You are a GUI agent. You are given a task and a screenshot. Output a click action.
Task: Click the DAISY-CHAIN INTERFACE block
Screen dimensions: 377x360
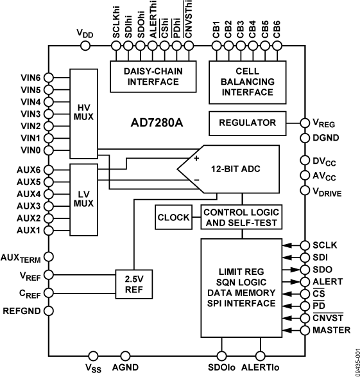pos(150,77)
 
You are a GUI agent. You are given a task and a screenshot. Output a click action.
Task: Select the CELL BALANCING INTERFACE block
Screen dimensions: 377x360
pos(247,82)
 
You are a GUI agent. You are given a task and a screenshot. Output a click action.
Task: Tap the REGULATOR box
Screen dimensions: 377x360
pos(247,123)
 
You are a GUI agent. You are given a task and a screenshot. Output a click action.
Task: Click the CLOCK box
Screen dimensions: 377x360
pos(174,218)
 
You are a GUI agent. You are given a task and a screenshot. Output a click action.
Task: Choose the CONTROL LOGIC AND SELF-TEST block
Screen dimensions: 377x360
pos(242,218)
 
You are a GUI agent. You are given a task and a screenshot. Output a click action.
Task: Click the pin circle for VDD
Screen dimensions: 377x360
pos(86,46)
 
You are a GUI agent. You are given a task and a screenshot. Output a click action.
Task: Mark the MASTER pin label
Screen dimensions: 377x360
pos(332,330)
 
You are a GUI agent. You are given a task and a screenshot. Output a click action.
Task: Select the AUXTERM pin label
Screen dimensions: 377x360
pos(20,256)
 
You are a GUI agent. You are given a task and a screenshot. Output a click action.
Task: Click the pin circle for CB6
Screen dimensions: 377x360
pos(276,46)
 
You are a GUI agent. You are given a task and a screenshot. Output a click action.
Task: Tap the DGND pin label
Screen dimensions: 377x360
pos(325,137)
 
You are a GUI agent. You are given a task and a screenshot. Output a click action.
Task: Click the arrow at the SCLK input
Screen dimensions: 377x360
pos(290,245)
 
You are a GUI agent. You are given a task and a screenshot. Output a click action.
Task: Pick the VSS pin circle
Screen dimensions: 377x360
pos(93,355)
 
